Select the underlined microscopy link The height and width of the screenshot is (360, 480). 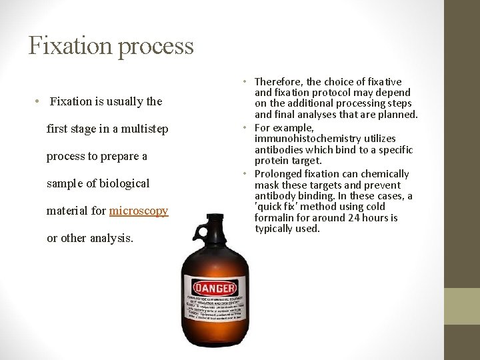point(139,211)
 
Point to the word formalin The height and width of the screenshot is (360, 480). point(274,217)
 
